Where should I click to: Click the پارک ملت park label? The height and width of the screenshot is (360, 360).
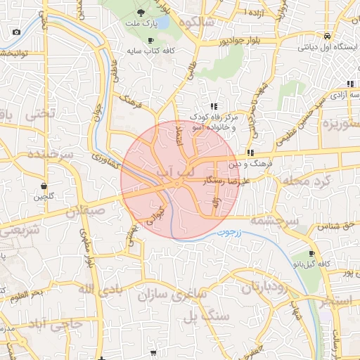139,23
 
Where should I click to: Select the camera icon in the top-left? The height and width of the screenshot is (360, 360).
17,32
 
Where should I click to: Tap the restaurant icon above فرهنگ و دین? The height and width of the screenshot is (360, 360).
250,153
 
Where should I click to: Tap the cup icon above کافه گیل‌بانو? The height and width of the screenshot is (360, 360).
312,254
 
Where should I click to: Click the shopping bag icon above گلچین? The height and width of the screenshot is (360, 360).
44,186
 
